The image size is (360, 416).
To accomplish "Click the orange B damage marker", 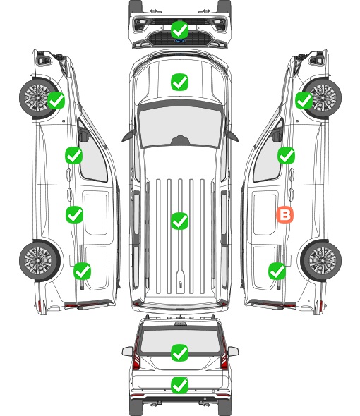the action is pyautogui.click(x=284, y=214).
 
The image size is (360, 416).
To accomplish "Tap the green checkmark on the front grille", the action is pyautogui.click(x=179, y=30).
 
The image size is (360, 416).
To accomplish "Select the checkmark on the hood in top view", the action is pyautogui.click(x=179, y=82).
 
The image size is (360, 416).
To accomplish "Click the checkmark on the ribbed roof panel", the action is pyautogui.click(x=179, y=221).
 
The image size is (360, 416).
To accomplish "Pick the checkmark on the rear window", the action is pyautogui.click(x=179, y=353).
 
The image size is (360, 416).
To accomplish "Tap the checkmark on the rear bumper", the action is pyautogui.click(x=179, y=385).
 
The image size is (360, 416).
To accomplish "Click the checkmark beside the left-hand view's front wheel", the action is pyautogui.click(x=56, y=100).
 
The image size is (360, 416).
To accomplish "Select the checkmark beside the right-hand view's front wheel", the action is pyautogui.click(x=304, y=100).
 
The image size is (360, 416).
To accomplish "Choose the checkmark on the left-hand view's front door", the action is pyautogui.click(x=73, y=155).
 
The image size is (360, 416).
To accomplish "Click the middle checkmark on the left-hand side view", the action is pyautogui.click(x=74, y=214).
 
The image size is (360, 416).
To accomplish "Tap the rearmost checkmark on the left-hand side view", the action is pyautogui.click(x=82, y=271).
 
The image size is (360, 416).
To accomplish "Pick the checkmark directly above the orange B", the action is pyautogui.click(x=286, y=155).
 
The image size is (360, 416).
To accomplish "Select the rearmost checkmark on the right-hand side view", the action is pyautogui.click(x=277, y=271).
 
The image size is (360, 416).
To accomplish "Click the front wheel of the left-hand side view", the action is pyautogui.click(x=38, y=97).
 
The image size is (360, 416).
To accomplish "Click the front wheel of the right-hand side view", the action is pyautogui.click(x=323, y=98).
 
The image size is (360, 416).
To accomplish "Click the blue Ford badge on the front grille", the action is pyautogui.click(x=180, y=41).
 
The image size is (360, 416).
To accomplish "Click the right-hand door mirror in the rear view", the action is pyautogui.click(x=233, y=351).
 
